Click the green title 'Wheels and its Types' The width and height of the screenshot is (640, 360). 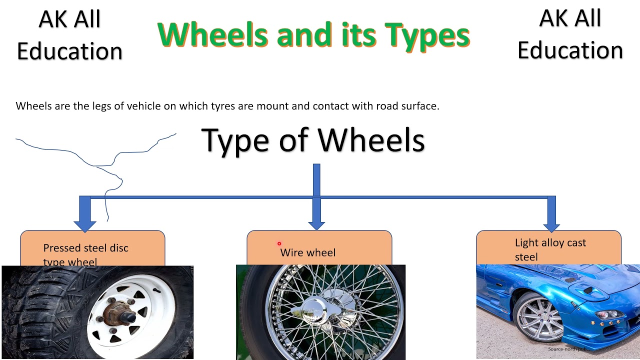click(x=313, y=35)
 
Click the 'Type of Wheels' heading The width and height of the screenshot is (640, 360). click(x=313, y=140)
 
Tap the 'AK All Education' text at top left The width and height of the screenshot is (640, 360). click(x=69, y=35)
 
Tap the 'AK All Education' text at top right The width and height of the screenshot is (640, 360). click(x=570, y=35)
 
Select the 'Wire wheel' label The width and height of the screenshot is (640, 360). click(x=307, y=252)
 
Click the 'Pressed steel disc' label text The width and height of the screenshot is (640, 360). click(x=85, y=248)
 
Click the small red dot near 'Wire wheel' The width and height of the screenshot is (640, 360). click(x=279, y=244)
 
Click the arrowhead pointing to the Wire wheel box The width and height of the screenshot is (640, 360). click(x=316, y=224)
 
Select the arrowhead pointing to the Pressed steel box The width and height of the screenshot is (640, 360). click(x=84, y=224)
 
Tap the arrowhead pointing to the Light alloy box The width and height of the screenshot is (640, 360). click(x=551, y=224)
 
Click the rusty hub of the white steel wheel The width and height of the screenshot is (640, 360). click(x=116, y=316)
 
